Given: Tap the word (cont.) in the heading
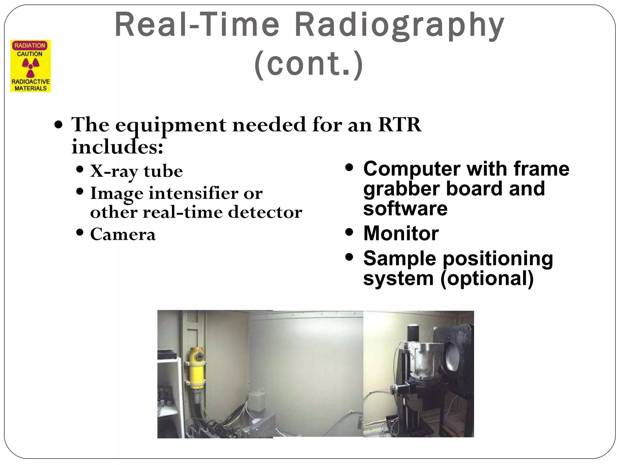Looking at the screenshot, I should pos(309,64).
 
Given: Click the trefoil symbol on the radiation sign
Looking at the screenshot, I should pos(31,68).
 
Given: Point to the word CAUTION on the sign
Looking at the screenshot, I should pos(30,54).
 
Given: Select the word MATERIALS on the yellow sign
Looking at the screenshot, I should pos(31,88).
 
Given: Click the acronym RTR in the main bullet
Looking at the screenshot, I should pos(400,125).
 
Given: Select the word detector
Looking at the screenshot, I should pos(265,212).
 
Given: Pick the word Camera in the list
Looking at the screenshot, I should pos(123,234).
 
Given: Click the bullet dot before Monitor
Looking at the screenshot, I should pos(349,232).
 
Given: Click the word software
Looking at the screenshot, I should pos(405,209).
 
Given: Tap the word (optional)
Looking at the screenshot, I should pos(487,278).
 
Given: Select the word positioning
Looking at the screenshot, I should pos(498,259).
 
